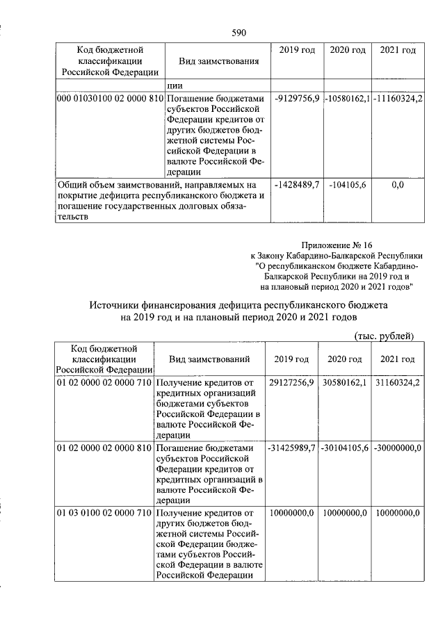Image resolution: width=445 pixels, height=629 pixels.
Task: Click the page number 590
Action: coord(239,33)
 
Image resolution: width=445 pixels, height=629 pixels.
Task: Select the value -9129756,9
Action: coord(297,99)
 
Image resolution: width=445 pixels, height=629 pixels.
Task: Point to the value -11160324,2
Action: coord(398,99)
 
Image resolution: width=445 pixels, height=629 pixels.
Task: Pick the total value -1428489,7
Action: coord(297,185)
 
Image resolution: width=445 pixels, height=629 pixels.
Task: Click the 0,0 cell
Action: coord(398,185)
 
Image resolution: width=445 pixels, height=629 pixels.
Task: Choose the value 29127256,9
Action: coord(291,382)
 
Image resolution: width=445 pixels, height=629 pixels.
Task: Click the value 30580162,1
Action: coord(345,382)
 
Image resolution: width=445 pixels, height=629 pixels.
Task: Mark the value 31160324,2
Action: coord(398,382)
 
